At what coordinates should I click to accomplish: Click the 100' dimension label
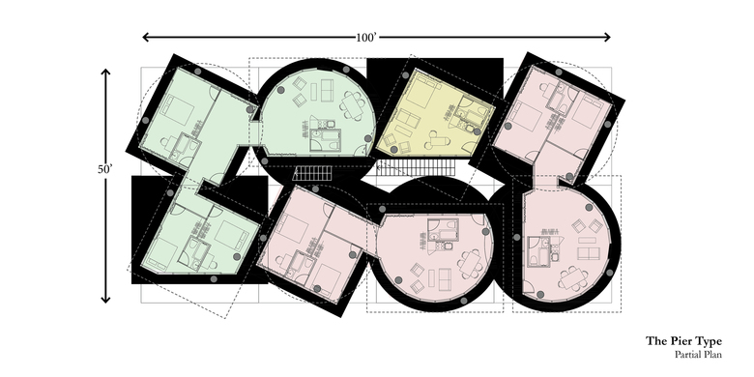click(366, 37)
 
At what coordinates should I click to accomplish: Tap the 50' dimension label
click(104, 169)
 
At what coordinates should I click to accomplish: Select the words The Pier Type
click(683, 341)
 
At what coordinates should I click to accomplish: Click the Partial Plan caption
click(698, 355)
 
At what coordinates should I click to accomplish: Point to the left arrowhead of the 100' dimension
click(146, 37)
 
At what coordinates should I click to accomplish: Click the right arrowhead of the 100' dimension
click(607, 37)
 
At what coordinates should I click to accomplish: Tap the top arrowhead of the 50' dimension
click(105, 72)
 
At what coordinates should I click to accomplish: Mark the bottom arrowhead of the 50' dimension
click(105, 300)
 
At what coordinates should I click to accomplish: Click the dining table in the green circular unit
click(353, 105)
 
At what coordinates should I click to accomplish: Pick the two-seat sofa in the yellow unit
click(405, 119)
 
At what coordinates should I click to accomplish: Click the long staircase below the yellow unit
click(416, 168)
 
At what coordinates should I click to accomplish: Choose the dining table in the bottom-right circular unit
click(573, 278)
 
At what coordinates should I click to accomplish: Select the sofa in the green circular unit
click(328, 90)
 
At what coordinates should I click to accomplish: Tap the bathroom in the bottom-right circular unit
click(538, 250)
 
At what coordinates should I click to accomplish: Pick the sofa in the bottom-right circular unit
click(589, 253)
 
